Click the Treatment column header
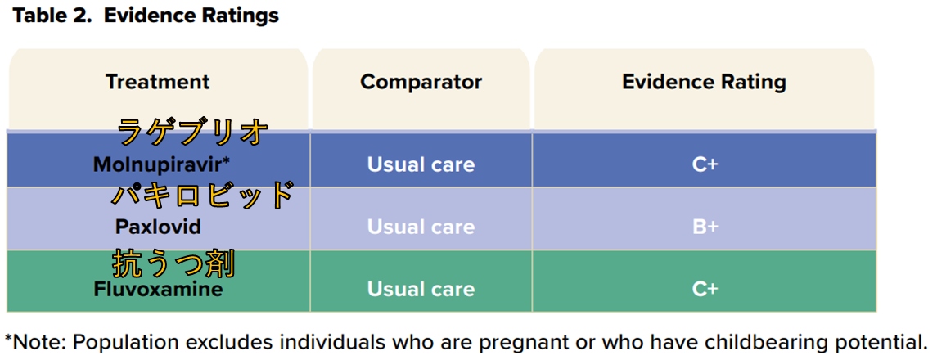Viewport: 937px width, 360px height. coord(158,82)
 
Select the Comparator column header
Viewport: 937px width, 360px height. coord(421,82)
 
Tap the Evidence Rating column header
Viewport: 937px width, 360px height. coord(704,82)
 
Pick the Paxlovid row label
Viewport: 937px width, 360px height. coord(158,227)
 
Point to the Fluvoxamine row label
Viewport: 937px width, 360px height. coord(159,290)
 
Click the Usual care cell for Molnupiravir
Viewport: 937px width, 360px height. coord(421,164)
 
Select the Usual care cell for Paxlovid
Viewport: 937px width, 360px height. coord(421,227)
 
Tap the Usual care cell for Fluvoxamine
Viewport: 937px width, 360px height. coord(421,290)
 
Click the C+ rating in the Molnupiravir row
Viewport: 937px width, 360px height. coord(705,164)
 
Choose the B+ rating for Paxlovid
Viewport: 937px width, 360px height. coord(705,227)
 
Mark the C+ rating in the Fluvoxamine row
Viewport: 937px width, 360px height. coord(705,290)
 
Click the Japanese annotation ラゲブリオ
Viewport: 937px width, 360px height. coord(192,132)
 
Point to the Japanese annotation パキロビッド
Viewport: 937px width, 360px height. coord(203,195)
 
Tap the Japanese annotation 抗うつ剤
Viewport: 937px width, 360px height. coord(173,264)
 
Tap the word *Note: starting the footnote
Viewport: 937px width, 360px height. coord(34,342)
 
